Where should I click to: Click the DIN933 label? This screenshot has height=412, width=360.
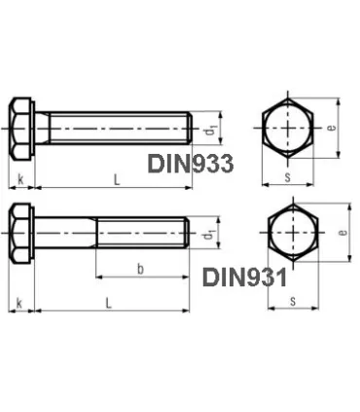[190, 164]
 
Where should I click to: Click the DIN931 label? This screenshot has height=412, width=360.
[244, 279]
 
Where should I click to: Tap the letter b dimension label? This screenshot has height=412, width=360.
[141, 267]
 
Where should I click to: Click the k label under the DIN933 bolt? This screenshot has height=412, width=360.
[19, 178]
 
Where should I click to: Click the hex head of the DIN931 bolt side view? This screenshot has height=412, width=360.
[21, 235]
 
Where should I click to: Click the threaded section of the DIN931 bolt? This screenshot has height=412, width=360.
[141, 235]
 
